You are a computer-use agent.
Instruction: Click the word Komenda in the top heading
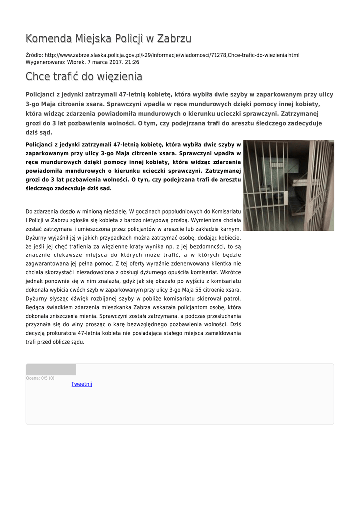(49, 39)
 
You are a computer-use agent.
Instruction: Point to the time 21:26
(132, 62)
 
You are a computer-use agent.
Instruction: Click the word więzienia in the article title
(119, 77)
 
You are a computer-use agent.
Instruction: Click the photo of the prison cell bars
(288, 185)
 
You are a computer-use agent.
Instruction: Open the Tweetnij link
(82, 384)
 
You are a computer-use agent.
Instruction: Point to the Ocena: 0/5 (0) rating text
(40, 378)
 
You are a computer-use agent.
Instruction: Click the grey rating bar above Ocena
(51, 369)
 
